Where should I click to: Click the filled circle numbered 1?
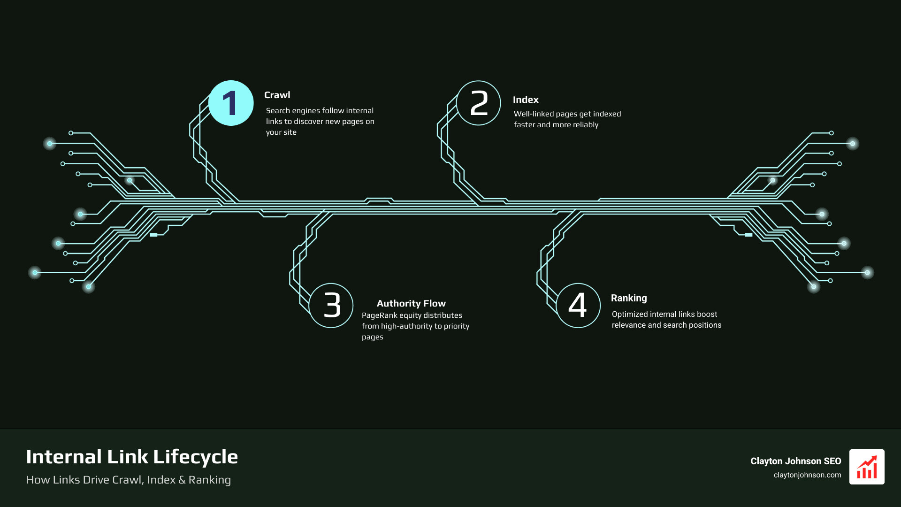click(x=231, y=103)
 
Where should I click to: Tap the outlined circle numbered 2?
click(x=479, y=103)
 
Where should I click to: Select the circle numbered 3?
click(x=331, y=306)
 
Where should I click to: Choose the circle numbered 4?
click(x=578, y=306)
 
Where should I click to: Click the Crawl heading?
click(x=277, y=95)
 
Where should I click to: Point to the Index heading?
click(x=526, y=100)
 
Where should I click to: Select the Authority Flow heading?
click(x=411, y=303)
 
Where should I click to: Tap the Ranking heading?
click(x=629, y=298)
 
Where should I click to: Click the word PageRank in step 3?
click(x=379, y=315)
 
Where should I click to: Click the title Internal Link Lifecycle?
click(x=132, y=457)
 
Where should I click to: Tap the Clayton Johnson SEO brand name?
click(x=795, y=461)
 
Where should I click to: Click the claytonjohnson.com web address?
click(x=807, y=475)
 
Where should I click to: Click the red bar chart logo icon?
click(x=867, y=467)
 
